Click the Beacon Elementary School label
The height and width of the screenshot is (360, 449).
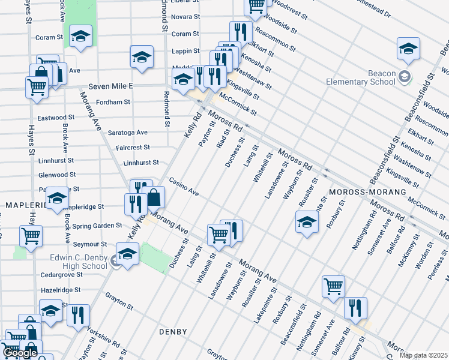coord(360,77)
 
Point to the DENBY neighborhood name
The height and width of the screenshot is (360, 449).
coord(173,331)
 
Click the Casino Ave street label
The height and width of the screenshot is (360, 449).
coord(183,186)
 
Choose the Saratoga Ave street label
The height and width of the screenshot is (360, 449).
coord(127,132)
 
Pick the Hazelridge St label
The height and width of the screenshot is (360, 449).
coord(59,289)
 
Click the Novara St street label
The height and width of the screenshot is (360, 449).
coord(185,17)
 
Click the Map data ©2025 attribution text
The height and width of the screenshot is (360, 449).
coord(423,355)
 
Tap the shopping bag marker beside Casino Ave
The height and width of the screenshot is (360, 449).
coord(154,196)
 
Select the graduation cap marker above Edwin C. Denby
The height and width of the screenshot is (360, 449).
coord(127,254)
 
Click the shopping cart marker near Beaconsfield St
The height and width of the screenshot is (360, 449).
coord(333,286)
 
